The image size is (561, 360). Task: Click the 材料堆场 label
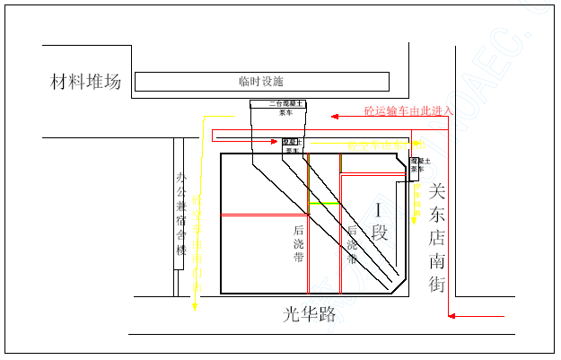[85, 83]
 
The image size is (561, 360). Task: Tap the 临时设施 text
[261, 81]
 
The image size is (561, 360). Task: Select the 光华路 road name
[309, 314]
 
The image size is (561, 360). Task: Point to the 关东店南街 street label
[437, 238]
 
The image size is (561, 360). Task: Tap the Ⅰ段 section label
[380, 222]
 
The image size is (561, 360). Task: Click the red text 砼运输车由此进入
[408, 111]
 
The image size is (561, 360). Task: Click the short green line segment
[324, 204]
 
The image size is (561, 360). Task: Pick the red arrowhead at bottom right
[452, 316]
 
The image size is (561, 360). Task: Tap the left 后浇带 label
[299, 242]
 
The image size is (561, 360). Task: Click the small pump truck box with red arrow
[293, 145]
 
